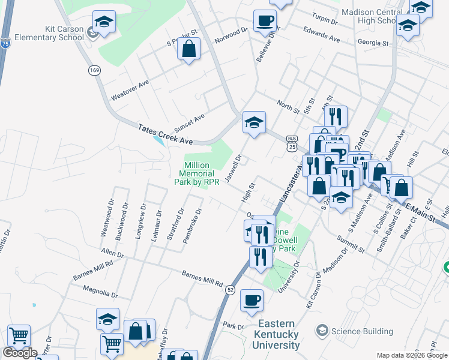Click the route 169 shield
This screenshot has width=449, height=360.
pos(94,71)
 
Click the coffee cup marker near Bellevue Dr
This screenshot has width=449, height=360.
pos(265,22)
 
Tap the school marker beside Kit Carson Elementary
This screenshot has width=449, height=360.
pos(104,23)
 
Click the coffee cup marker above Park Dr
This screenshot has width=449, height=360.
pos(252,299)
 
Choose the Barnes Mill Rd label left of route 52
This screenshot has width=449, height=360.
pos(202,278)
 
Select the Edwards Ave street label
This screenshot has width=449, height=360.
pos(321,34)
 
